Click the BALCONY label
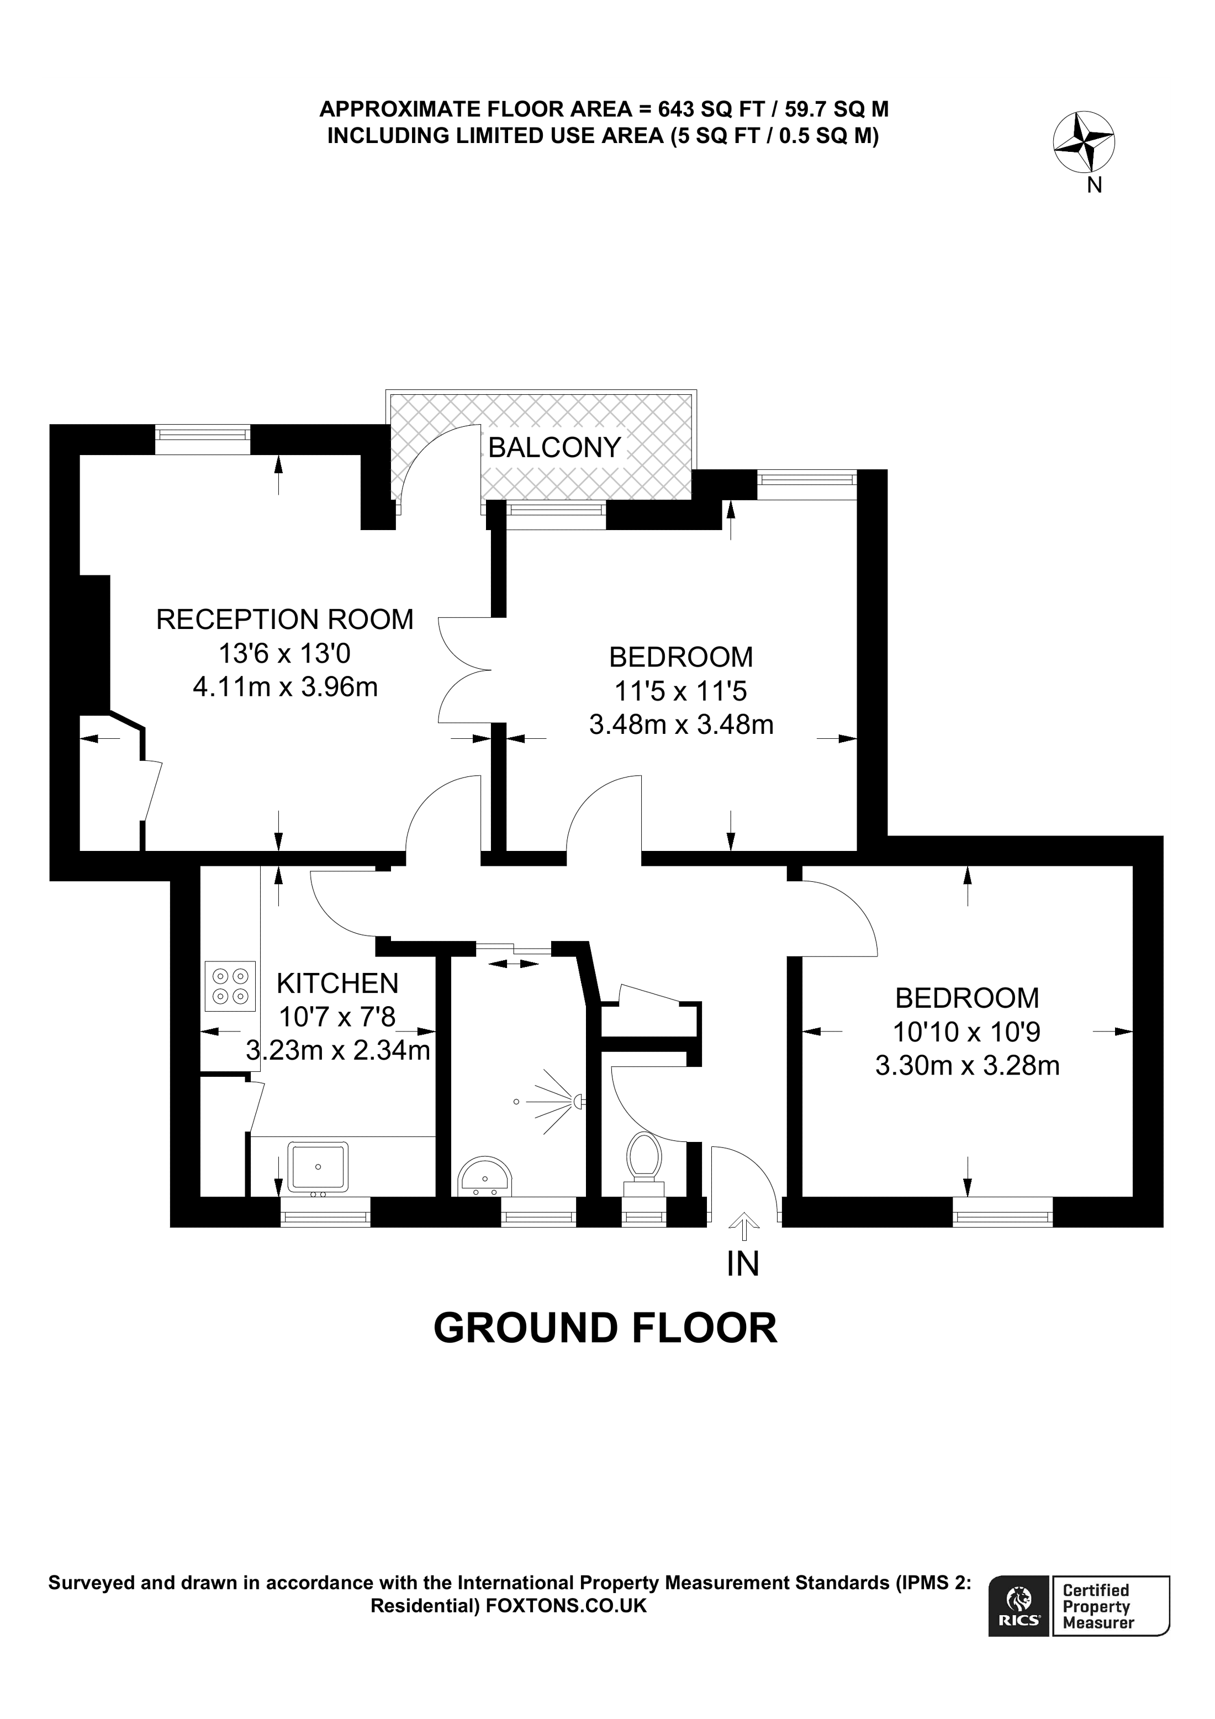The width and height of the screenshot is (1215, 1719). pos(554,448)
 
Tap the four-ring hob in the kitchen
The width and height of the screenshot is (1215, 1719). pos(230,986)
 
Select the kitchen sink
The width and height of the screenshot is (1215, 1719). pos(318,1166)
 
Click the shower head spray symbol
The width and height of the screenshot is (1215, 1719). pos(562,1101)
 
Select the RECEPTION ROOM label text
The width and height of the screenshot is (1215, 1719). pos(284,620)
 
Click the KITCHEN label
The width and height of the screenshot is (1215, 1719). pos(337,983)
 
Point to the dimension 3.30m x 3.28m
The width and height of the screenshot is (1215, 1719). pos(967,1065)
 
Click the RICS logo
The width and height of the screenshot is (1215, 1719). pos(1018,1607)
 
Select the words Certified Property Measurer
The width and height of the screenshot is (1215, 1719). pos(1098,1607)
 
